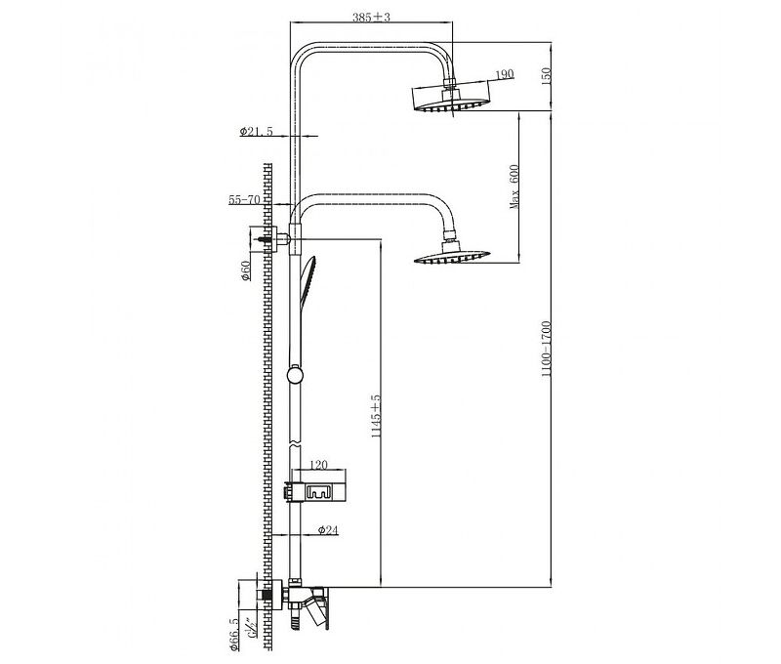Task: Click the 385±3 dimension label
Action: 370,18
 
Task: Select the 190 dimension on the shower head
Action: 505,75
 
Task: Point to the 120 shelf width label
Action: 318,468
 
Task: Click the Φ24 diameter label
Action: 328,530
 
